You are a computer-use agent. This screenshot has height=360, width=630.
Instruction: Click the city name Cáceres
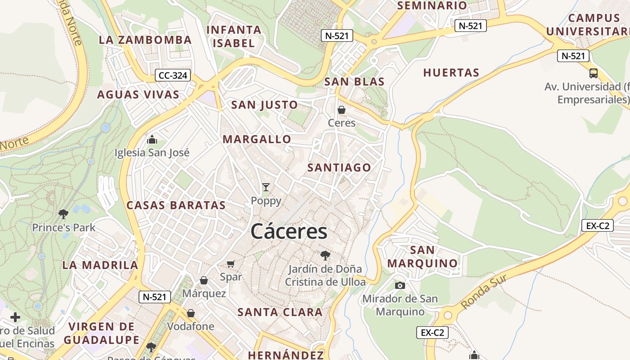coord(289,232)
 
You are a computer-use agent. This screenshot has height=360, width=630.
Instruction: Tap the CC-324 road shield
coord(173,75)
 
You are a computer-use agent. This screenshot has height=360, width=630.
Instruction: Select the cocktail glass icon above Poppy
coord(266,187)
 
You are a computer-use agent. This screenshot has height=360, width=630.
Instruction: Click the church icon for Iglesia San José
coord(152,139)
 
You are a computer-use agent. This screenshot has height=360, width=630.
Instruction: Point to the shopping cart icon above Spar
coord(231,264)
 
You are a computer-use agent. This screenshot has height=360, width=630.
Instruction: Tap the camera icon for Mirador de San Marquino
coord(400,285)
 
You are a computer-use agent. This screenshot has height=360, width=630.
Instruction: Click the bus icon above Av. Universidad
coord(594,73)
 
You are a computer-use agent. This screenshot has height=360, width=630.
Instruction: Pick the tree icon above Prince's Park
coord(63,214)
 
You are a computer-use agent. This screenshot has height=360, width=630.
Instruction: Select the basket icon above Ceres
coord(342,110)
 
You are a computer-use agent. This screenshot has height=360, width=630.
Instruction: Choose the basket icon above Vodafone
coord(191,313)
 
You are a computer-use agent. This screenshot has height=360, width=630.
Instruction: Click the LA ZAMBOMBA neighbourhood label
coord(145,40)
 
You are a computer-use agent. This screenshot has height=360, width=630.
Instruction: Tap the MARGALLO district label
coord(257,139)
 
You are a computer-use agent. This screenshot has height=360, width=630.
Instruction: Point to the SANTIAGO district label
coord(339,167)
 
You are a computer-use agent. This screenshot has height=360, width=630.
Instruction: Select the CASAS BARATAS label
coord(176,205)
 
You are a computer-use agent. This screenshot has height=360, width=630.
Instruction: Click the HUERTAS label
coord(451,72)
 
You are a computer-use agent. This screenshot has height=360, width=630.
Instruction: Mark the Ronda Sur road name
coord(484,292)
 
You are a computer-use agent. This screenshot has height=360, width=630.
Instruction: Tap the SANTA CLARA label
coord(280,312)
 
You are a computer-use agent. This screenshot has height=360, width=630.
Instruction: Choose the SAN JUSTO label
coord(264,105)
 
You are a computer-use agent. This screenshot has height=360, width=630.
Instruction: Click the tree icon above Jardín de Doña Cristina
coord(325,256)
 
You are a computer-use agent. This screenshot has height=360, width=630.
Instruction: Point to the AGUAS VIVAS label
coord(138,94)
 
